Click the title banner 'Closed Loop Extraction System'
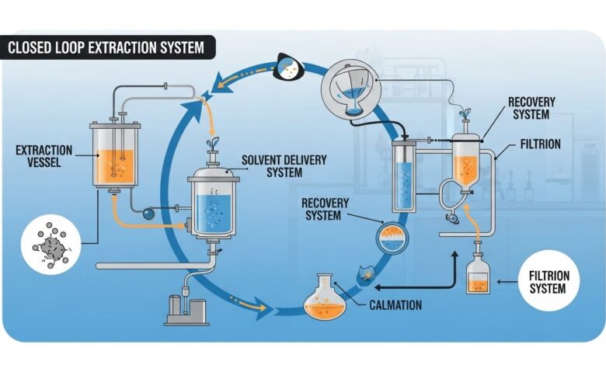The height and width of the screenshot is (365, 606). click(106, 48)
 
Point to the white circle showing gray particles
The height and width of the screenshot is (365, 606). click(50, 246)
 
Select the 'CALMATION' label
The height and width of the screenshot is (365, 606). click(395, 305)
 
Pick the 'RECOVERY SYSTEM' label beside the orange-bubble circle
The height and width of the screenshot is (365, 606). click(326, 209)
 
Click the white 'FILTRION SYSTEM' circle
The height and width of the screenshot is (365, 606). click(548, 282)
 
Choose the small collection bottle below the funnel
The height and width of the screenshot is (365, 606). click(478, 277)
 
